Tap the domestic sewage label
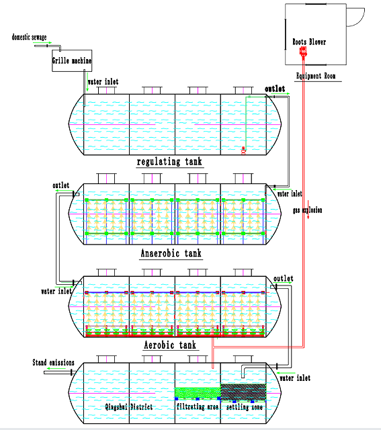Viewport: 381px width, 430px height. pos(29,37)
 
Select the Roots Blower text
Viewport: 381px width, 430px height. pos(309,42)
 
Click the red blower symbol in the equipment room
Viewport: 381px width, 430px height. pos(303,52)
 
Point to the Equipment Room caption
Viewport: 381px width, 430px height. pos(316,76)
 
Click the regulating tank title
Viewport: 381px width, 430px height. pos(169,161)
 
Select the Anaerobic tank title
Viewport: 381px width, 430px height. pos(171,253)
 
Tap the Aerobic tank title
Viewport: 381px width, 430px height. pos(170,345)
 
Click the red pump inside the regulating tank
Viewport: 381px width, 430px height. pos(243,150)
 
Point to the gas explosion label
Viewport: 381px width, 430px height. pos(308,210)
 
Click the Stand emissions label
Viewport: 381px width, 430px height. pos(54,363)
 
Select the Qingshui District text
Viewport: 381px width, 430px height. pos(128,406)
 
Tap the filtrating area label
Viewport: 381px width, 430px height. pos(198,406)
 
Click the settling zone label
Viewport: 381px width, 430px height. pos(245,407)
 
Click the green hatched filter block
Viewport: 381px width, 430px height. pos(198,393)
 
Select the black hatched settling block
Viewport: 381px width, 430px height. pos(243,392)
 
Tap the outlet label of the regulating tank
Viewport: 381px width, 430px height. pos(275,89)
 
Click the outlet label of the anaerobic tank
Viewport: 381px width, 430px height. pos(61,185)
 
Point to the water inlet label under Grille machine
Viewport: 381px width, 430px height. pos(103,81)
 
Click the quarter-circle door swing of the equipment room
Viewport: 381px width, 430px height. pos(360,21)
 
